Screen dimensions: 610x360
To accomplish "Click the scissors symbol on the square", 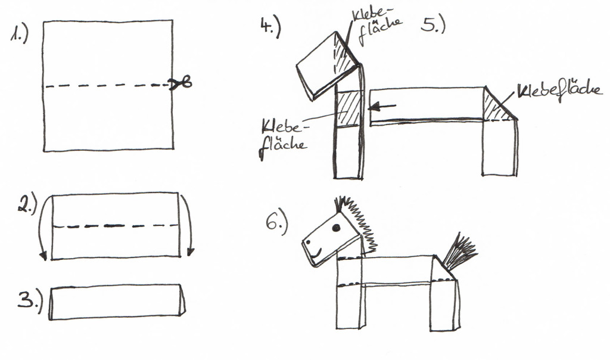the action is [180, 83].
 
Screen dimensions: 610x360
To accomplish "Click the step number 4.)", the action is [270, 27].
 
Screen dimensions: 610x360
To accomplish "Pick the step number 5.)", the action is [432, 25].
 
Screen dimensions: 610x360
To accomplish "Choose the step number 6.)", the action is [276, 224].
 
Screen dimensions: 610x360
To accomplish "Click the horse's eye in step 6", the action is [337, 228].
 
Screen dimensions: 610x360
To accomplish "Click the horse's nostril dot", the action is [308, 242].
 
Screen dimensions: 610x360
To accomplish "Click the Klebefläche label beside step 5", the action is [559, 91].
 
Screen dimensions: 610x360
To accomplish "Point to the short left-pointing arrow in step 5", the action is [382, 106].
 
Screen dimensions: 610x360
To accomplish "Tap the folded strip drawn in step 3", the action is [117, 302].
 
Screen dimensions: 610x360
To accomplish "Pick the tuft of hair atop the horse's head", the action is [340, 204].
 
